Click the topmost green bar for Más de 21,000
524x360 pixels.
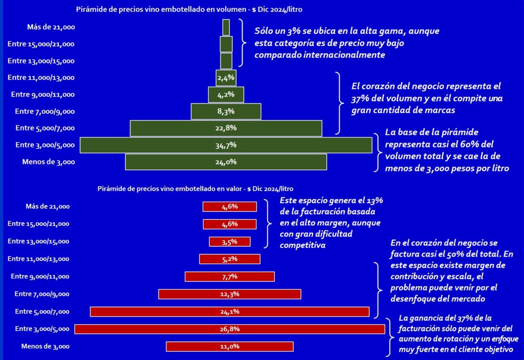[226, 27]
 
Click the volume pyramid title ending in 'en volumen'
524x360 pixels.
[192, 9]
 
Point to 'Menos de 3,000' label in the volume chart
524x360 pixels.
[49, 162]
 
